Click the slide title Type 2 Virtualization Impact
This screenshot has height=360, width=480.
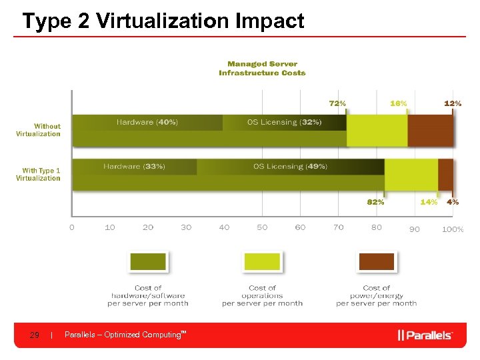point(163,21)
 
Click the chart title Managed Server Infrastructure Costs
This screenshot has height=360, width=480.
point(262,68)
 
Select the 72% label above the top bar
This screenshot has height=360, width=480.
point(337,103)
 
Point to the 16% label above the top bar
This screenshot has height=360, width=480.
point(398,103)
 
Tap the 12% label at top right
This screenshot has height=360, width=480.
point(452,103)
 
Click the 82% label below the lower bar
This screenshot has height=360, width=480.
point(375,202)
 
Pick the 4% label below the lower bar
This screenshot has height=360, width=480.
point(452,202)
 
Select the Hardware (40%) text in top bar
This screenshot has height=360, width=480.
point(147,123)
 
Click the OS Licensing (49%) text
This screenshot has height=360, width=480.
point(290,167)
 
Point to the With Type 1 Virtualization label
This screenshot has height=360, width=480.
point(39,175)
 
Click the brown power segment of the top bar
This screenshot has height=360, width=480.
point(430,131)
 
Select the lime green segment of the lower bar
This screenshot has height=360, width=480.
point(411,175)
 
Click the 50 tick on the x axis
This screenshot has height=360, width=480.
point(262,228)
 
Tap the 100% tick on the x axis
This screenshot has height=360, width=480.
point(453,229)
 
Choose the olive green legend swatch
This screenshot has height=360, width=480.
point(148,262)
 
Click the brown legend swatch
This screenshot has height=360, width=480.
point(376,262)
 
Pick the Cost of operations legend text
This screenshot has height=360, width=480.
point(262,295)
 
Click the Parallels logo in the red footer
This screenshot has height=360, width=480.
point(425,335)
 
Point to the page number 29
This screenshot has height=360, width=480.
point(35,335)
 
